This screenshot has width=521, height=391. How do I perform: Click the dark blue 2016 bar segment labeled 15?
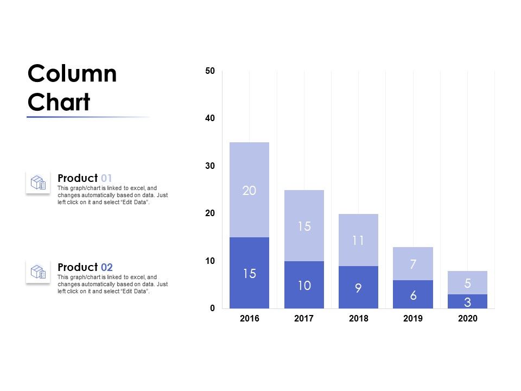tap(249, 273)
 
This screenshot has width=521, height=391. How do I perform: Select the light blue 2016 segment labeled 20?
tap(249, 190)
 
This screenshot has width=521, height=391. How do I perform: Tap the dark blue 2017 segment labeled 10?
tap(304, 285)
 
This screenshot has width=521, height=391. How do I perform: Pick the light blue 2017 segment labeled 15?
tap(304, 226)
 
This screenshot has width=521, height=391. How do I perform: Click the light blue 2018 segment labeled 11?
tap(358, 240)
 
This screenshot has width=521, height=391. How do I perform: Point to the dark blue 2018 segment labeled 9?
tap(358, 287)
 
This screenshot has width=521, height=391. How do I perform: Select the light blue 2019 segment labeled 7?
tap(413, 264)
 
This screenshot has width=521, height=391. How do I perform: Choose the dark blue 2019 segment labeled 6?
tap(413, 294)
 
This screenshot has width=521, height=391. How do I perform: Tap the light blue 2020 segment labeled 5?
tap(467, 282)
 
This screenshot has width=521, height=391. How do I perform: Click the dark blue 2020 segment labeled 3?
tap(467, 301)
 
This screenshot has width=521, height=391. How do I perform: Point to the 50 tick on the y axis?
tap(210, 71)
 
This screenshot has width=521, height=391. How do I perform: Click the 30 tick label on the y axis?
tap(210, 166)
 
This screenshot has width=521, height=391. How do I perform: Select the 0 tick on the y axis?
tap(212, 308)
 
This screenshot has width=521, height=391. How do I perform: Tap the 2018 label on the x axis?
tap(358, 319)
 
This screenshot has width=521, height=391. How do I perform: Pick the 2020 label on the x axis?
tap(467, 319)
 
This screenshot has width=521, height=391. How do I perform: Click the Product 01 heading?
tap(85, 178)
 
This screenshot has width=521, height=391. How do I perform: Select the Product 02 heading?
tap(85, 267)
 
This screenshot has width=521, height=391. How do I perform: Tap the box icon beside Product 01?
tap(38, 182)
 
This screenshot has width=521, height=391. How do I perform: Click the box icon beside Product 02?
tap(38, 272)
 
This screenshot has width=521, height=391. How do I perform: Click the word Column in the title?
tap(72, 74)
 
